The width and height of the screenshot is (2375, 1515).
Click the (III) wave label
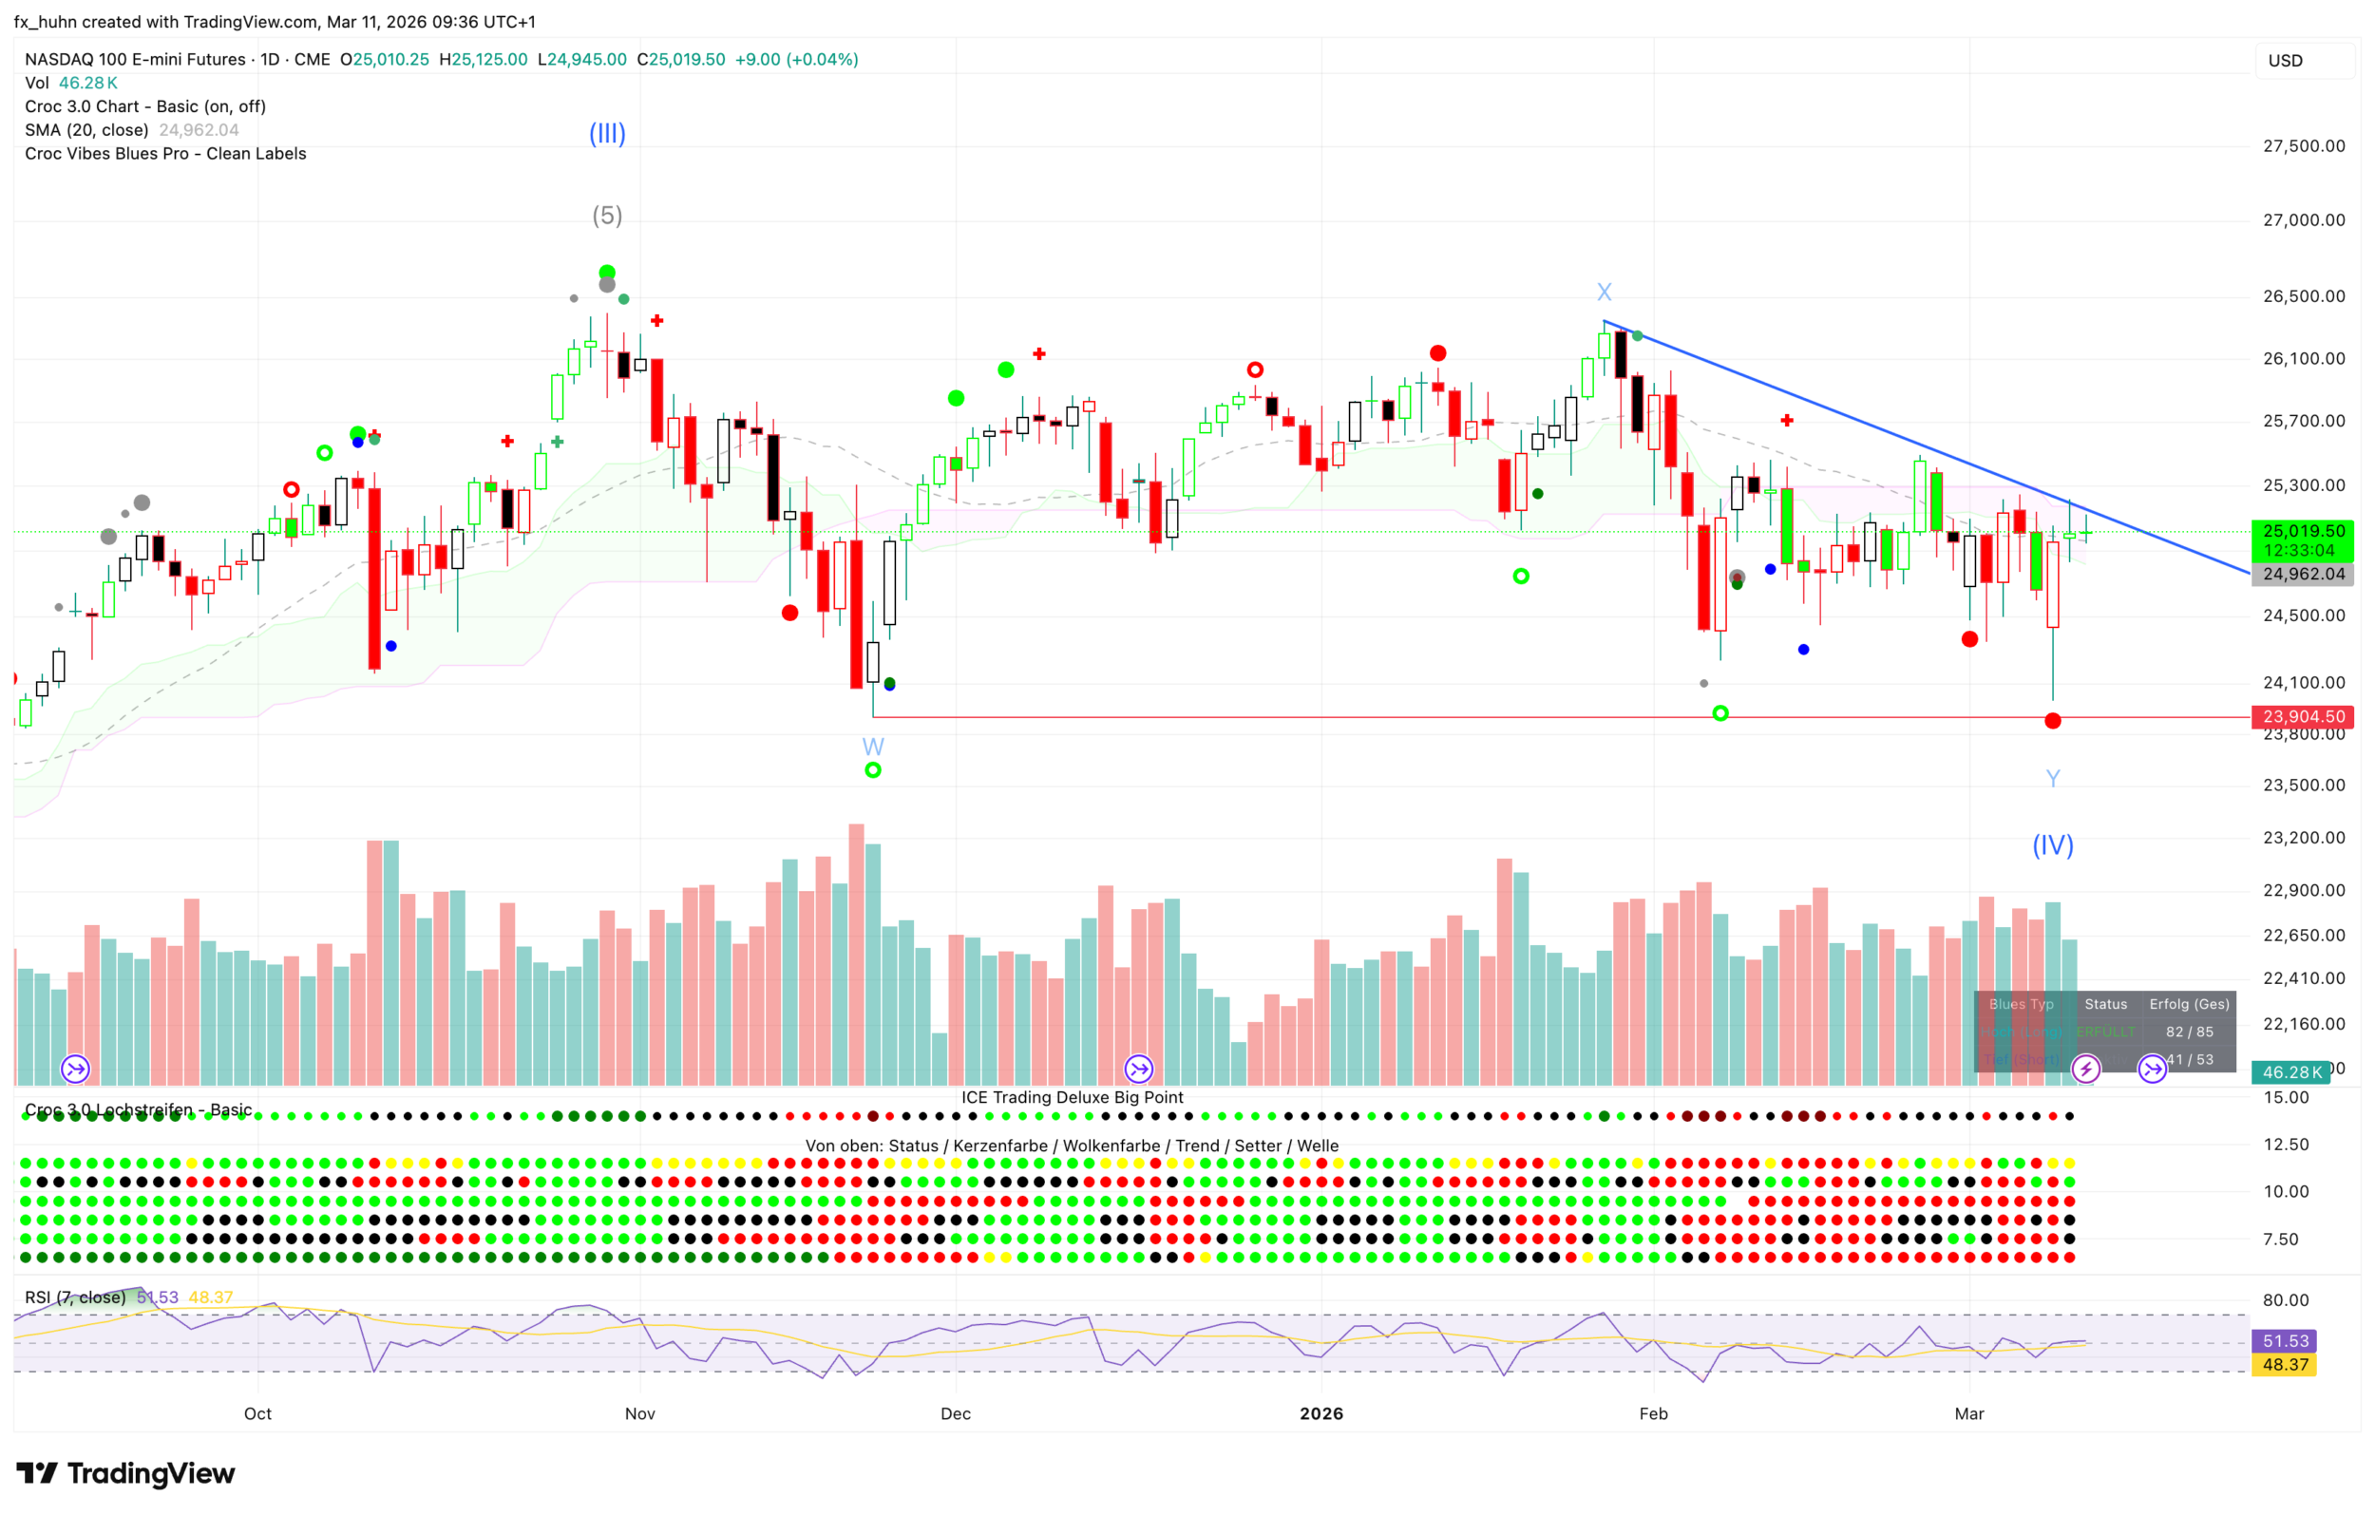click(x=606, y=133)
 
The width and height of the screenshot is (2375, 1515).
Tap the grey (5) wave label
click(x=606, y=215)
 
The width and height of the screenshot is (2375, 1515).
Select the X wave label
click(x=1604, y=292)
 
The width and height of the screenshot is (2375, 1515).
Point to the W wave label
click(x=873, y=746)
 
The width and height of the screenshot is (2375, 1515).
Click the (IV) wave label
click(x=2053, y=844)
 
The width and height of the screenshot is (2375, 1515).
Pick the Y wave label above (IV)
click(x=2053, y=778)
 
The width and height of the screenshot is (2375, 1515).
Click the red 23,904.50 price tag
click(x=2303, y=716)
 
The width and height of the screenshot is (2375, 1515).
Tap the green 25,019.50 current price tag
click(x=2303, y=532)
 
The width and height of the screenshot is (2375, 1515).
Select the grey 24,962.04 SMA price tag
click(x=2303, y=574)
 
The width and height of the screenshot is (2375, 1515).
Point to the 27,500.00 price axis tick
click(x=2303, y=146)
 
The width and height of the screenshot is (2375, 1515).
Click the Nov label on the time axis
click(x=640, y=1413)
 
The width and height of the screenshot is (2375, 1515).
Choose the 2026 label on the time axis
click(x=1320, y=1413)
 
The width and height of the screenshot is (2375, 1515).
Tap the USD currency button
click(x=2286, y=60)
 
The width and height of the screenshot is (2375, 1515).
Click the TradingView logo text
click(x=151, y=1473)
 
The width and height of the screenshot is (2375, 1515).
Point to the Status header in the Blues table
click(x=2106, y=1004)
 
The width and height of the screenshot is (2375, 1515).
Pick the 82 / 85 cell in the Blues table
click(x=2190, y=1032)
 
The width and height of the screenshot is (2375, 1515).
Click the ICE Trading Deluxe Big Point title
click(x=1073, y=1097)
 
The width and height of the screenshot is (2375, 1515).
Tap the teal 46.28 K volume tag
click(x=2291, y=1072)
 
